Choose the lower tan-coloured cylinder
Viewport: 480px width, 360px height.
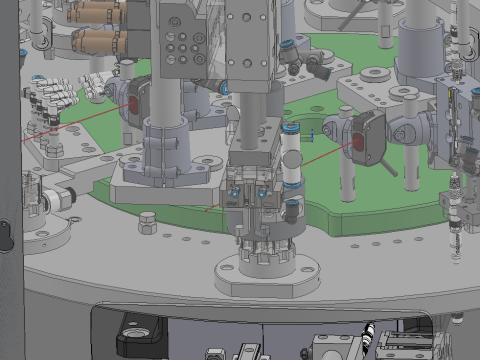[100, 42]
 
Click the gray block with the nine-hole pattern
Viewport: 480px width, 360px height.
[182, 45]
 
